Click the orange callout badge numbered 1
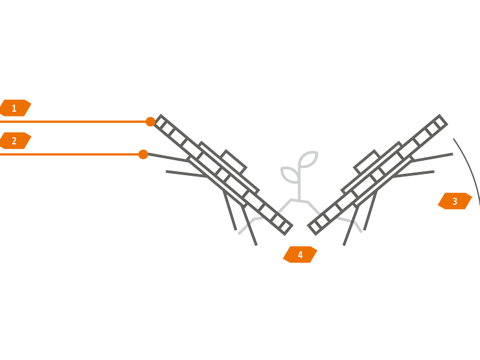coord(15,108)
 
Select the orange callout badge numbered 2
coord(15,141)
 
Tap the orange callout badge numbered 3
coord(455,201)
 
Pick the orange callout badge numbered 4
coord(300,255)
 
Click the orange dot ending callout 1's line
coord(150,122)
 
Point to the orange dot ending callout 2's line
coord(143,154)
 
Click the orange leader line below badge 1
coord(72,122)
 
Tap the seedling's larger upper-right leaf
coord(308,159)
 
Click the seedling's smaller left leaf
coord(288,174)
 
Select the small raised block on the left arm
coord(234,162)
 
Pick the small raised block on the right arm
coord(367,162)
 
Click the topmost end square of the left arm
coord(161,122)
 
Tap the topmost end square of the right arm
coord(440,122)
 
